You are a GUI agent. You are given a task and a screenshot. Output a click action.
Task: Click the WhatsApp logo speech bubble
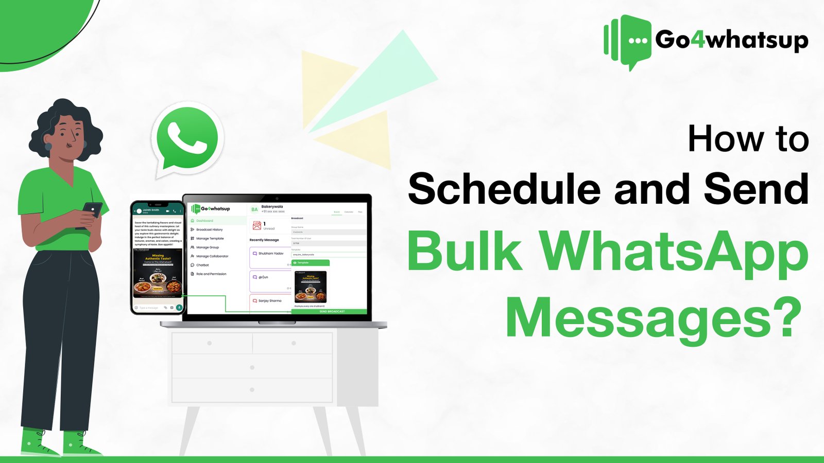click(x=187, y=138)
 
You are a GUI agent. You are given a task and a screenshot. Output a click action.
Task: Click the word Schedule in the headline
click(x=504, y=189)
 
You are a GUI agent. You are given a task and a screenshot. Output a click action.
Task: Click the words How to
click(x=748, y=139)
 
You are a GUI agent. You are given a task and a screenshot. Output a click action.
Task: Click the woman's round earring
click(x=48, y=146)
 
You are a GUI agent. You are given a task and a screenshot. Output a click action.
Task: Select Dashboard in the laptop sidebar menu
click(x=204, y=221)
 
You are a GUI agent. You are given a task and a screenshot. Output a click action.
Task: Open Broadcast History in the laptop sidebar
click(x=209, y=229)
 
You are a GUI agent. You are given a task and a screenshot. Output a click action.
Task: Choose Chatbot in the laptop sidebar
click(x=202, y=265)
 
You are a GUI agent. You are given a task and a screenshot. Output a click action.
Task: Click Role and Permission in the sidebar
click(x=211, y=274)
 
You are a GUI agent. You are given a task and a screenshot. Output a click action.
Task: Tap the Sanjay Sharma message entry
click(x=270, y=300)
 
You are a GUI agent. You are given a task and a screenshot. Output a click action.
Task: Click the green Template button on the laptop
click(x=311, y=263)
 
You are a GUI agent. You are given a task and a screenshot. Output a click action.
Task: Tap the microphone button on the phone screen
click(x=179, y=308)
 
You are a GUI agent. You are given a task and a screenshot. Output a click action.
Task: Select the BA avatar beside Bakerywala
click(x=254, y=209)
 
